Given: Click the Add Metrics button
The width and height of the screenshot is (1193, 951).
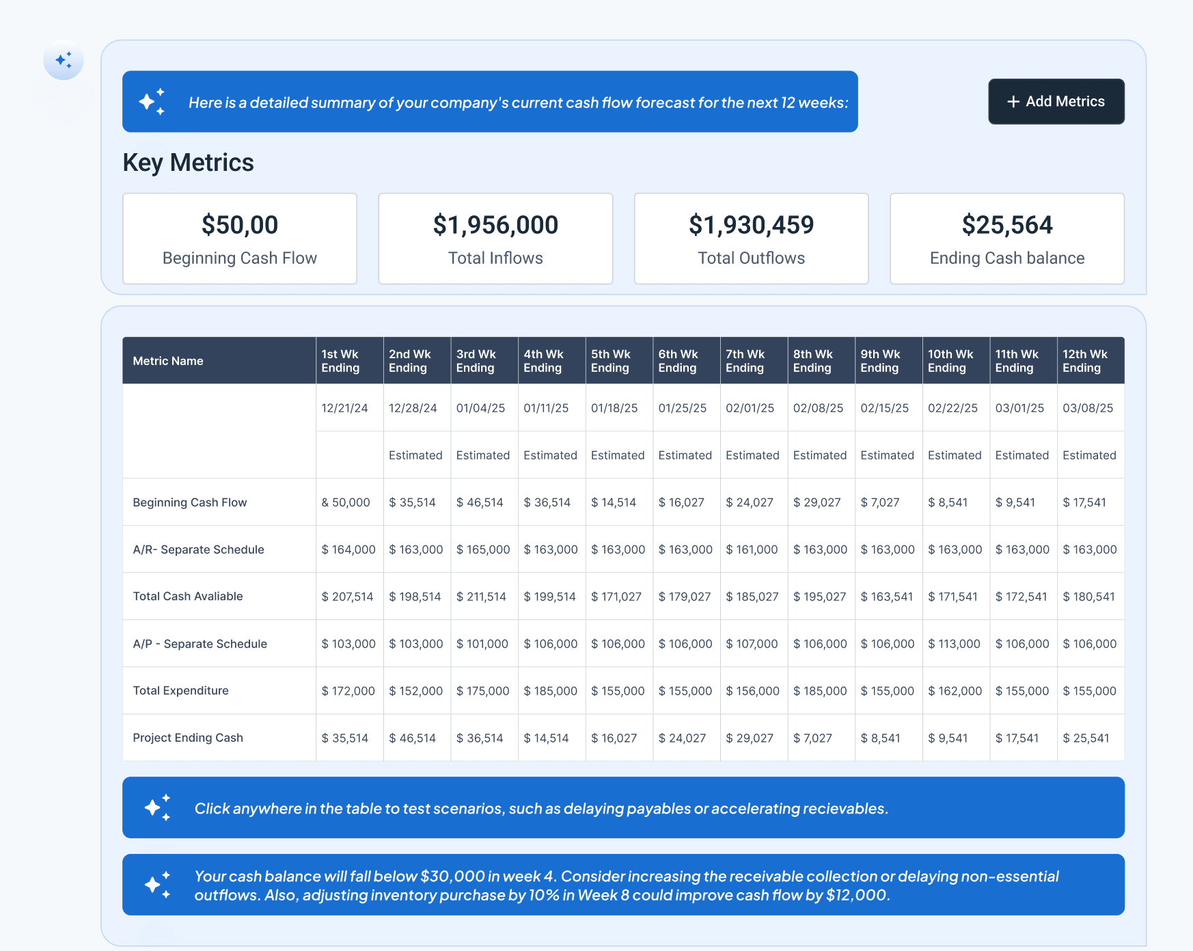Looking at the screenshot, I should point(1056,101).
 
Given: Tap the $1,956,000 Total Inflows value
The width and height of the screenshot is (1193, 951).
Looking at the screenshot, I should point(495,225).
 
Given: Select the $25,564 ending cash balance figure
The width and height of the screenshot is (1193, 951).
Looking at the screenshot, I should point(1006,225).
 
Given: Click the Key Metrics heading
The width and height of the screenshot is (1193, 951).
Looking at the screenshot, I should point(188,163).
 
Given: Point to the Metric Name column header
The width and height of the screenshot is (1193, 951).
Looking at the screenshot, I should point(168,361).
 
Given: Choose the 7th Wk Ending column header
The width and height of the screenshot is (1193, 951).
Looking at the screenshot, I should point(745,361).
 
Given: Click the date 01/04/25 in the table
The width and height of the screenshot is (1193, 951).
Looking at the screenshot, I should point(480,408).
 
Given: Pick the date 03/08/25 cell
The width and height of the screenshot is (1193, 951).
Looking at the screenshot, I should point(1087,408).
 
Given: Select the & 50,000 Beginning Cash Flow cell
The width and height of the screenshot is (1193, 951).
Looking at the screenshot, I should point(346,503).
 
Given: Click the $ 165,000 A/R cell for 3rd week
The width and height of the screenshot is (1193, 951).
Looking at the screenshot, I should point(483,550).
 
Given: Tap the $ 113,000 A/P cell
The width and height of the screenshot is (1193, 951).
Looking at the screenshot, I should point(954,644).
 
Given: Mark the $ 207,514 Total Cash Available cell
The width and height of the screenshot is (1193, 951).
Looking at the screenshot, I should point(347,597).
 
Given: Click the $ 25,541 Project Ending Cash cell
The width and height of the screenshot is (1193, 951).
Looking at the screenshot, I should point(1086,738).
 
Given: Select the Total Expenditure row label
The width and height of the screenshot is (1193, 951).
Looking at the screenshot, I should point(180,691).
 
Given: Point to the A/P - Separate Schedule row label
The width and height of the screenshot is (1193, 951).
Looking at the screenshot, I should point(200,644).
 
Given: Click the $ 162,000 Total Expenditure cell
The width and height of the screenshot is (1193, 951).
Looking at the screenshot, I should point(955,691).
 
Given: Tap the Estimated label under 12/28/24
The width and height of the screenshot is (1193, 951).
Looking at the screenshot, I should point(415,455).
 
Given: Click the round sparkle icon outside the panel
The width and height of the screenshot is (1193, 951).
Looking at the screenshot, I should point(64,60).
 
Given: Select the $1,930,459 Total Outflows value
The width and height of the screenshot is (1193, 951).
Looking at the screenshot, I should point(751,225).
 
